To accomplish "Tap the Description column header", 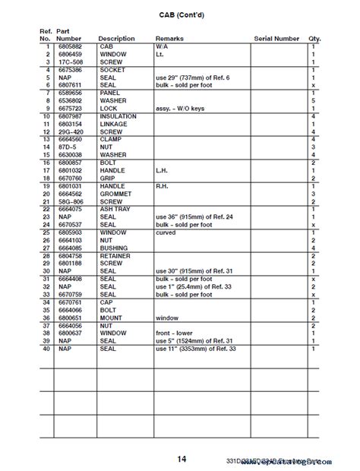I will coord(116,39).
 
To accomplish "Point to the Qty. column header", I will coord(314,39).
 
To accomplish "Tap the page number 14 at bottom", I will coord(181,458).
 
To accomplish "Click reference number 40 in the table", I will coord(46,327).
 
